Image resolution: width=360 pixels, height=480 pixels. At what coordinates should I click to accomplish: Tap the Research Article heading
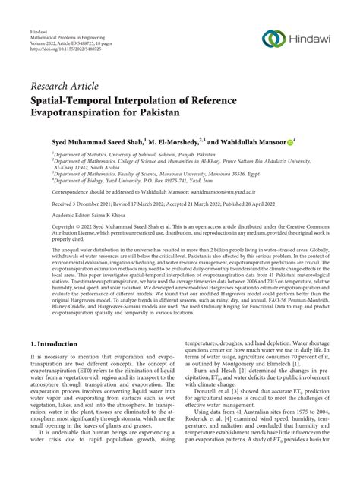coord(67,86)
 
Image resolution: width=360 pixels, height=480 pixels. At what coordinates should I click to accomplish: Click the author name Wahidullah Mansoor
coord(248,142)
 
